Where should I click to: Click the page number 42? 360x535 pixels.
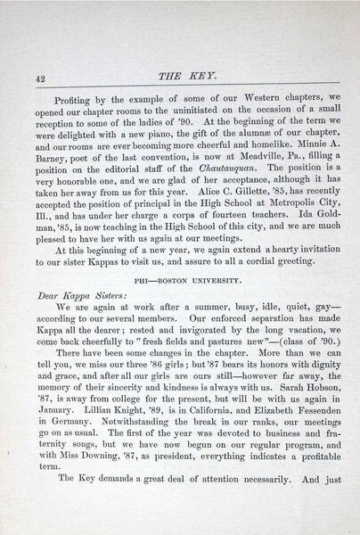(x=41, y=78)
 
